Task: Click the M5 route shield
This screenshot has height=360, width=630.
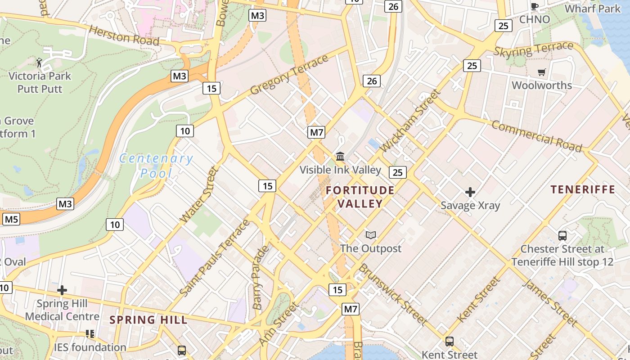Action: point(11,220)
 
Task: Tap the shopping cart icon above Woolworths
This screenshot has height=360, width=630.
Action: point(541,72)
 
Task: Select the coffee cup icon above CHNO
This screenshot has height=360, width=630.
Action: point(534,6)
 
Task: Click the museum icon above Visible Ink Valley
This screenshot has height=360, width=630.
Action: point(340,157)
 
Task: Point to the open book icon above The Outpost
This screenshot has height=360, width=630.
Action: point(370,235)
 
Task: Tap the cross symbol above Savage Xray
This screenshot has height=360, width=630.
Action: point(470,193)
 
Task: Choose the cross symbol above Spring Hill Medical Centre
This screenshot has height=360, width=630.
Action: point(62,290)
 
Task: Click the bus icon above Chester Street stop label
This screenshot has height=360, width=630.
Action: point(562,235)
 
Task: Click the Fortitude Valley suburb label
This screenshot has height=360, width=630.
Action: point(360,197)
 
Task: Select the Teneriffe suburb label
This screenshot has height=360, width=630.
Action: point(583,189)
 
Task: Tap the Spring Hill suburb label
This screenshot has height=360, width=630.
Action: point(148,320)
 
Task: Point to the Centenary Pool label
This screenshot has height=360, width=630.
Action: point(156,165)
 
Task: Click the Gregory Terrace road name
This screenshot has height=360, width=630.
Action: point(289,75)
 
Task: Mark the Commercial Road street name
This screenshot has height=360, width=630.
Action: point(536,136)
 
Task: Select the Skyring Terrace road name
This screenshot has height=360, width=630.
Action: point(534,49)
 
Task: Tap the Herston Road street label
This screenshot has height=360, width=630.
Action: point(124,36)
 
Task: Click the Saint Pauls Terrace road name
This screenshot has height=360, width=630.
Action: point(215,258)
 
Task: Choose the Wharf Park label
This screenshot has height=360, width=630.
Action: point(592,9)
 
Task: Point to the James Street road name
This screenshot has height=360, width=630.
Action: point(550,302)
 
